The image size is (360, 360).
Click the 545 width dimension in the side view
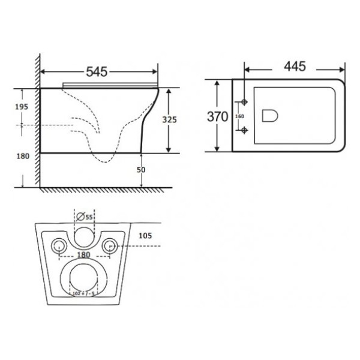tap(96, 72)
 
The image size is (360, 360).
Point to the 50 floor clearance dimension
tap(142, 170)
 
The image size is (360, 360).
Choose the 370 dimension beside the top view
tap(217, 116)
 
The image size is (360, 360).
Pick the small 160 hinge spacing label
tap(239, 116)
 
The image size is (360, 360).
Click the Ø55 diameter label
tap(86, 217)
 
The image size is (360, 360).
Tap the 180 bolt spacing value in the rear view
tap(83, 255)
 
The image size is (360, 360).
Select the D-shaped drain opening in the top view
tap(270, 115)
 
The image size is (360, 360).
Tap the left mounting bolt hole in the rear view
tap(59, 245)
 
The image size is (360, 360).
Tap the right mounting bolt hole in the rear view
tap(109, 245)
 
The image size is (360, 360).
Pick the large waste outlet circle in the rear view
tap(83, 278)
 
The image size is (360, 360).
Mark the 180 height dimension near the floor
tap(22, 157)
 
